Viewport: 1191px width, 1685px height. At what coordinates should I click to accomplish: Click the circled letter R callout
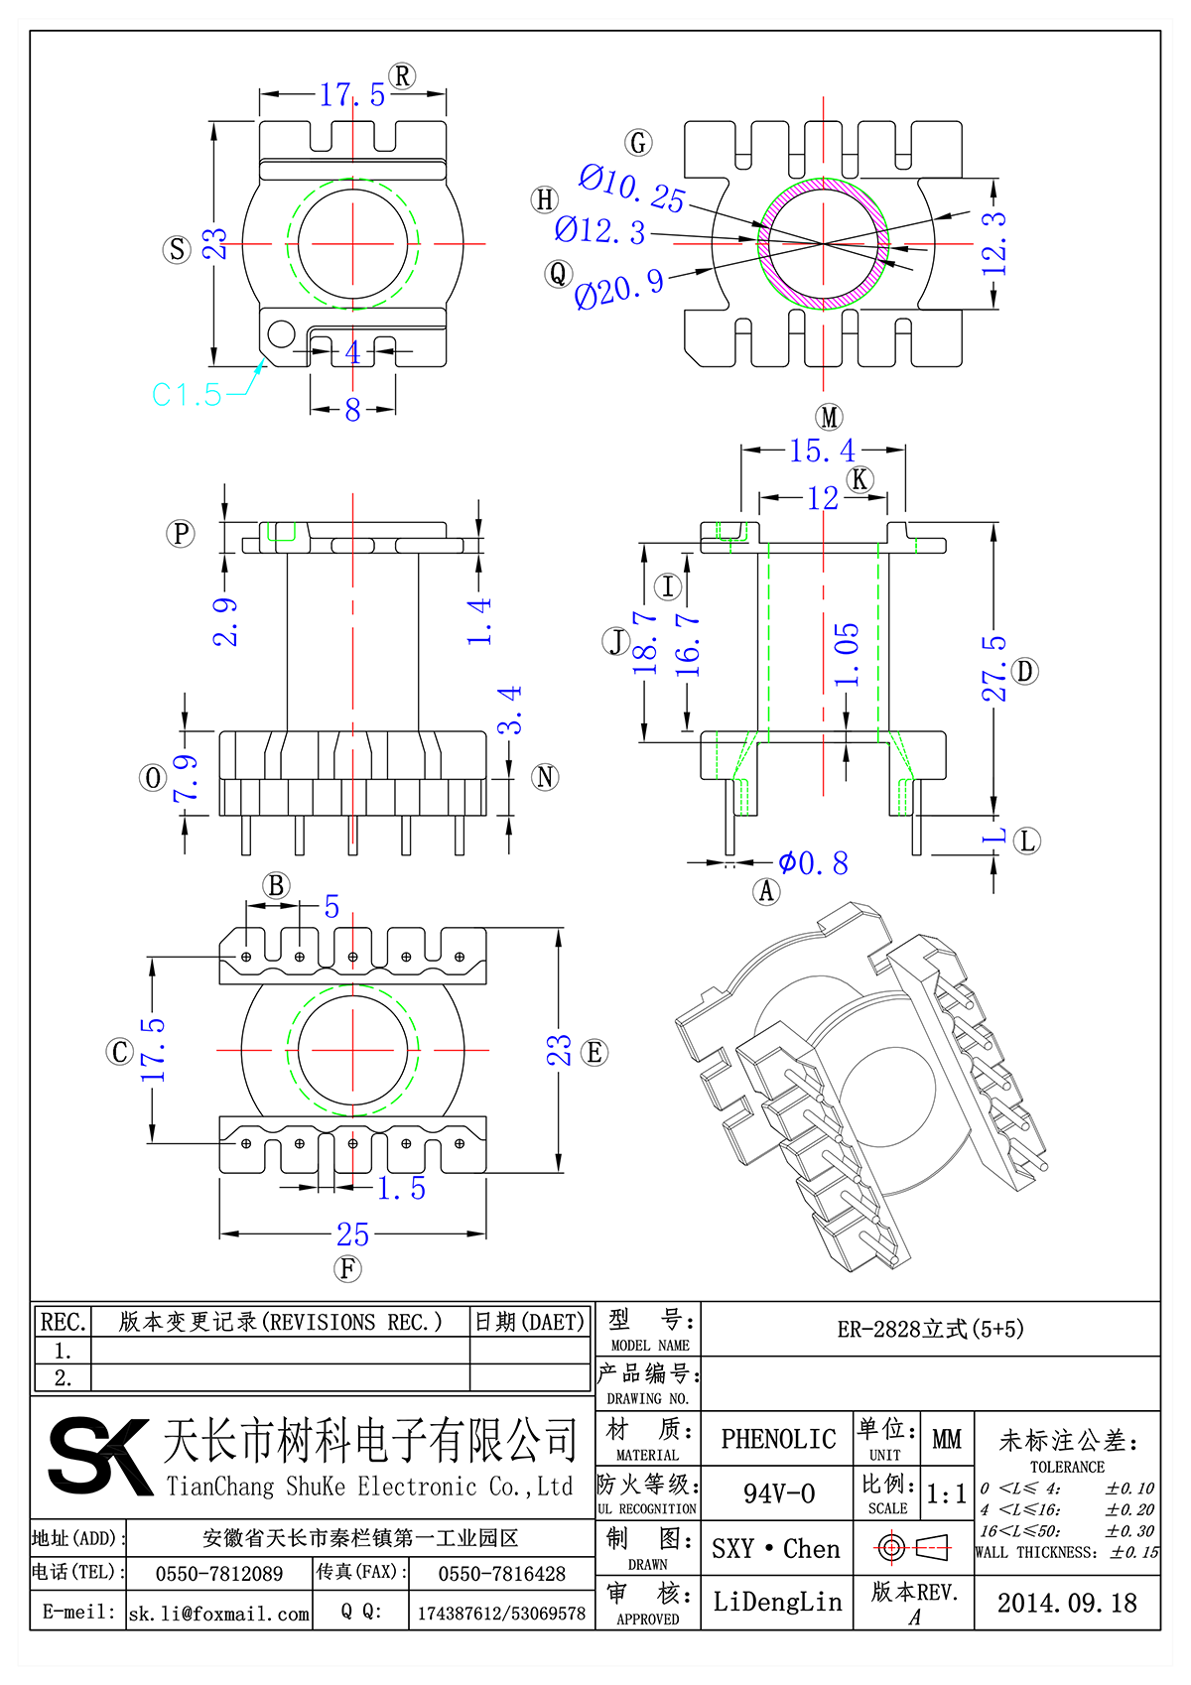[x=402, y=76]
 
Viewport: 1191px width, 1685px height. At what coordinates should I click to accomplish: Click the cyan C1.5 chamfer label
[x=187, y=395]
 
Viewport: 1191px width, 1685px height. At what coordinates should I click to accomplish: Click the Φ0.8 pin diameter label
[x=813, y=863]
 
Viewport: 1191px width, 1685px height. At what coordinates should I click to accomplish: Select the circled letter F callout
[x=347, y=1268]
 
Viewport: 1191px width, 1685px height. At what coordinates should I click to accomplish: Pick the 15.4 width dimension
[x=822, y=452]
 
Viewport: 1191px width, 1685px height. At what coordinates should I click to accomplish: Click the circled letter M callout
[x=829, y=417]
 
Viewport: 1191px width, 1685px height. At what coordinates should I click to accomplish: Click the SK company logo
[x=98, y=1455]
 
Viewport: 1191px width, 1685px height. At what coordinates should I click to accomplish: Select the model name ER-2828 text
[x=930, y=1329]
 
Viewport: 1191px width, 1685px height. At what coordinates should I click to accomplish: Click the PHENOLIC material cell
[x=778, y=1439]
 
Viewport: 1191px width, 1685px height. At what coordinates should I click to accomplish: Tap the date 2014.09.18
[x=1067, y=1603]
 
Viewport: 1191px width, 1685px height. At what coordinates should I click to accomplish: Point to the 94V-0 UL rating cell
[x=778, y=1493]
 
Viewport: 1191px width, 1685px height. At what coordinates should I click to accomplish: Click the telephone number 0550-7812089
[x=219, y=1574]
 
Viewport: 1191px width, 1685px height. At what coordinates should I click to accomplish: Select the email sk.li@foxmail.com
[x=219, y=1614]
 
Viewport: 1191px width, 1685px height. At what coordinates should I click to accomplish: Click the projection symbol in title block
[x=912, y=1547]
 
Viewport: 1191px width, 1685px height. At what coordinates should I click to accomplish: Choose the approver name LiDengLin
[x=777, y=1602]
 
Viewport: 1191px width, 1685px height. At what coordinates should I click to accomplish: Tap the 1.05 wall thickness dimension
[x=846, y=654]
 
